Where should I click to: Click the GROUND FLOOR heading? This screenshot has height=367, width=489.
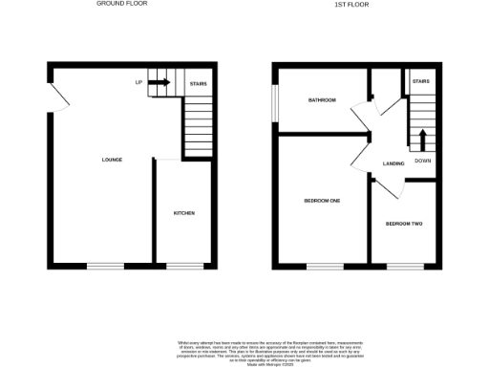click(x=122, y=4)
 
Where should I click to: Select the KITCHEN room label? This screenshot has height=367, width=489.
click(x=183, y=212)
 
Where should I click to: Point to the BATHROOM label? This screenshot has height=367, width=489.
click(x=322, y=99)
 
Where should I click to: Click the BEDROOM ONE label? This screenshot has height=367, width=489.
click(x=322, y=200)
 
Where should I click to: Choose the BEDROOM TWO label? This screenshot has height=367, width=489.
click(x=403, y=223)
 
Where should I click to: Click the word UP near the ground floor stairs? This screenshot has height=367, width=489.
click(x=139, y=83)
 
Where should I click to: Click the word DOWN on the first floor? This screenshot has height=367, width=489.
click(x=422, y=162)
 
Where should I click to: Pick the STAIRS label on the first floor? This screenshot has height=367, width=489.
click(x=421, y=82)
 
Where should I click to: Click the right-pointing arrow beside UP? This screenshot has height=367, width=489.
click(x=159, y=83)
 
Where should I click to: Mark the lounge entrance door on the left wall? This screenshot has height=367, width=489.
click(x=57, y=96)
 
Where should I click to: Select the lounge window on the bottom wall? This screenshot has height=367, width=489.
click(x=105, y=265)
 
